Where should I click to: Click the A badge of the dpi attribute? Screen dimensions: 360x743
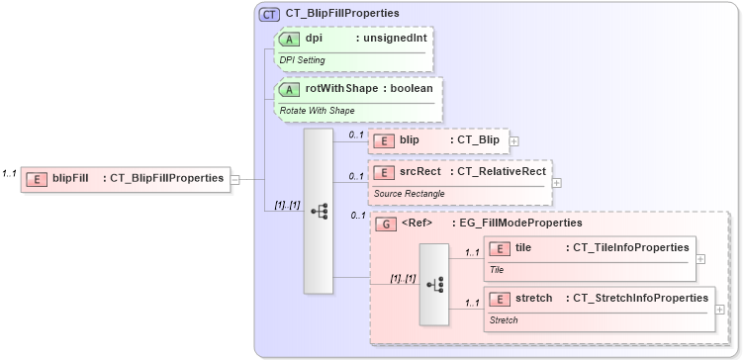coord(290,39)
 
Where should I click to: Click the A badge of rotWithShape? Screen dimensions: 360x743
coord(290,89)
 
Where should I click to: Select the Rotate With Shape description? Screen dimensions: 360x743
coord(316,110)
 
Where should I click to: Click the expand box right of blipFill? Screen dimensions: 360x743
coord(235,179)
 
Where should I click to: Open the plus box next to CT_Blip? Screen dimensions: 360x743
coord(513,141)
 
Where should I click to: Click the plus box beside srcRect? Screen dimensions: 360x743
coord(557,182)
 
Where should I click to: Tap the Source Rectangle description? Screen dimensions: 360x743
coord(409,193)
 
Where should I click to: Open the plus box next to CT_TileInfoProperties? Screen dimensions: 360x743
coord(700,258)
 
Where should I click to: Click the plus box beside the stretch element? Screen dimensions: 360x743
coord(719,309)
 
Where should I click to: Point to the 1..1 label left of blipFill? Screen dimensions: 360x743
coord(10,174)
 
